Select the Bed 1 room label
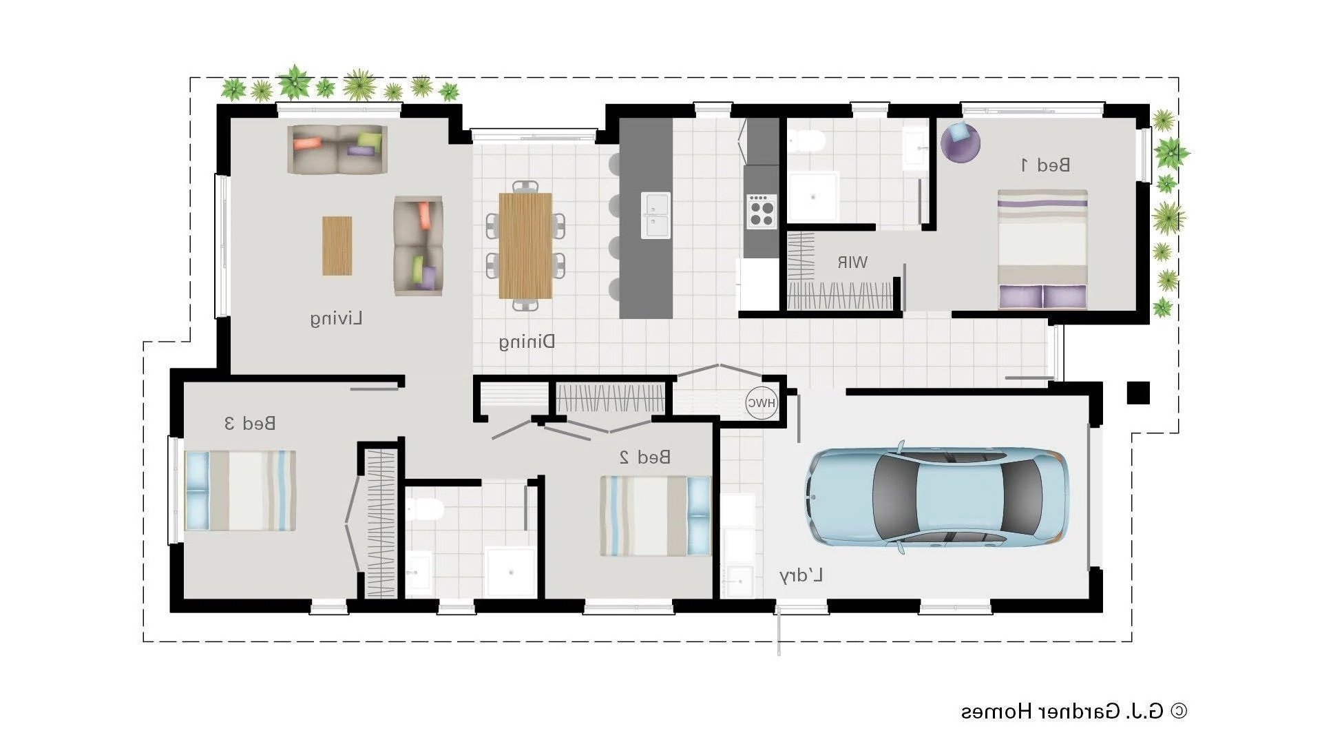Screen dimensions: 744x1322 tap(1045, 165)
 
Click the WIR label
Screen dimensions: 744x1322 tap(852, 262)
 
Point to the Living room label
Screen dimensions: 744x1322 tap(335, 319)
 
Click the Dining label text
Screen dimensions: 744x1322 tap(527, 342)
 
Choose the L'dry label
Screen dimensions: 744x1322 tap(801, 576)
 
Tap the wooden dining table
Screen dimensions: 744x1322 tap(525, 245)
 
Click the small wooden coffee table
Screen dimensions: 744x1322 tap(337, 246)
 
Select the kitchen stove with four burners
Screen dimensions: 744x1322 tap(762, 211)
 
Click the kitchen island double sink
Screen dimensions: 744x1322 tap(655, 215)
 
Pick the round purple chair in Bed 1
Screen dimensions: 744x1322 tap(961, 142)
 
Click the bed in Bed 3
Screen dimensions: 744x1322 tap(240, 490)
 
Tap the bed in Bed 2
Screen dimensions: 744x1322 tap(655, 516)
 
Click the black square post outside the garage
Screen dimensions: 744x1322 tap(1137, 393)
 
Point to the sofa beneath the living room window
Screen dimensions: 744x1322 tap(337, 149)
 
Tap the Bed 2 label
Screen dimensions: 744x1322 tap(645, 457)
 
